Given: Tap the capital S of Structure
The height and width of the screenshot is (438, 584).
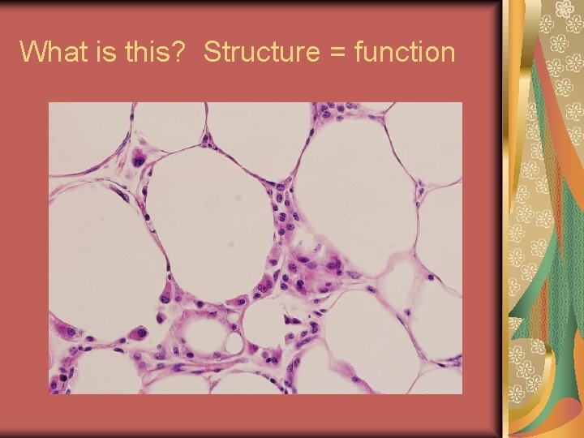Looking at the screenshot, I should pyautogui.click(x=212, y=52).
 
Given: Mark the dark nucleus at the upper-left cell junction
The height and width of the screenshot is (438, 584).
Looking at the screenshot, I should pyautogui.click(x=139, y=159).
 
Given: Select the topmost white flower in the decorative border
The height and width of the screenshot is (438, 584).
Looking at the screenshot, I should pyautogui.click(x=565, y=10).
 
